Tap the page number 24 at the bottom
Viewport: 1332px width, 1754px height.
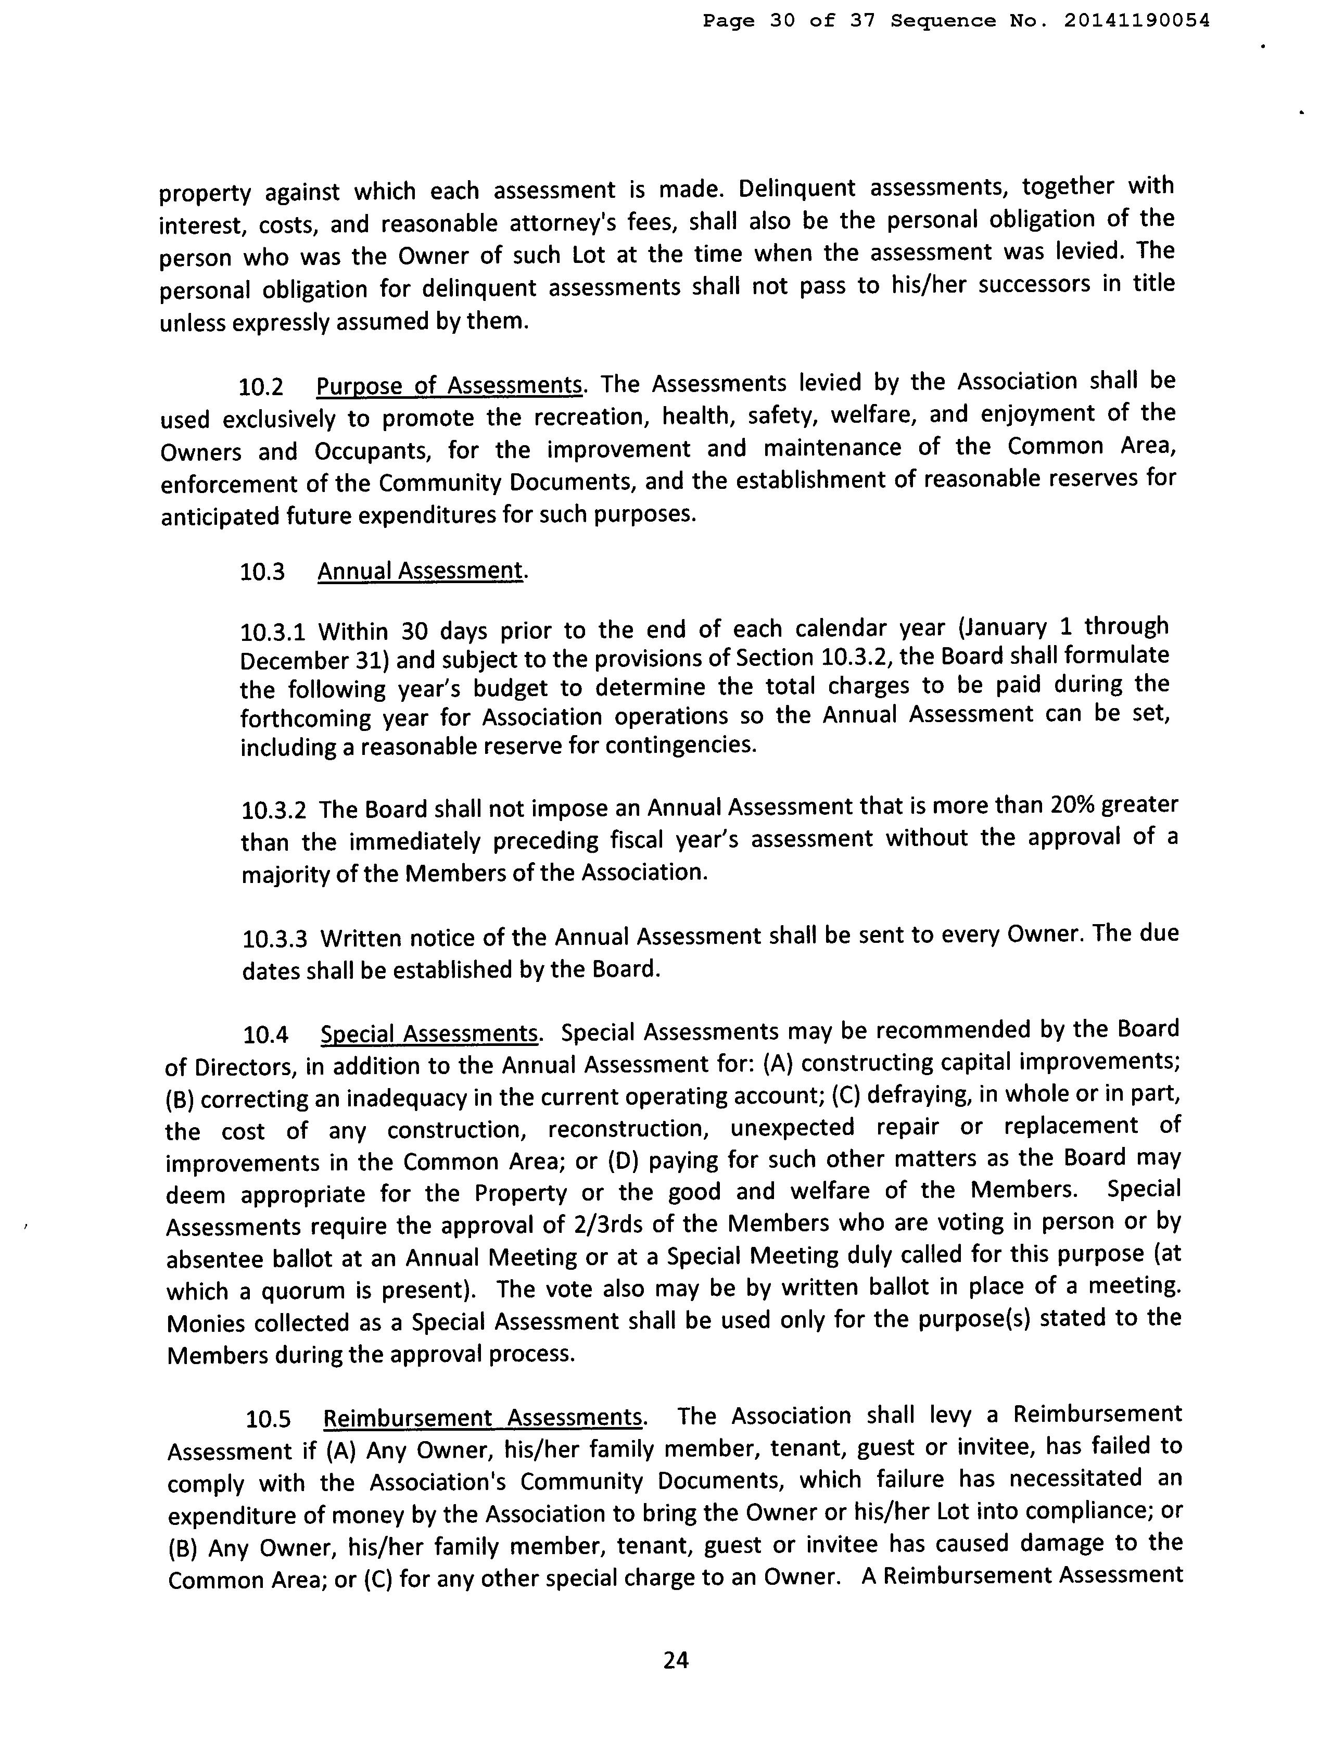click(676, 1660)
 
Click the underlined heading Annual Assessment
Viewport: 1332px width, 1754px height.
click(420, 571)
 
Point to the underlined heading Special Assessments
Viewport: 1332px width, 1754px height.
click(429, 1034)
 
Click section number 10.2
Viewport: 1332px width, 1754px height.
click(261, 387)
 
